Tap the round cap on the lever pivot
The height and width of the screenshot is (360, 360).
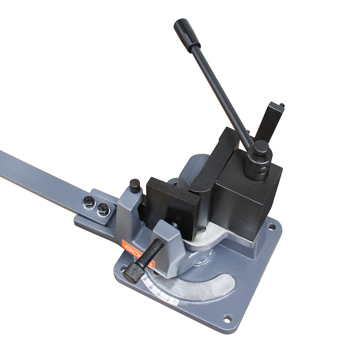click(261, 148)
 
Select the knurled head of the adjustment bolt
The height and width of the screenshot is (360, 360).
click(132, 273)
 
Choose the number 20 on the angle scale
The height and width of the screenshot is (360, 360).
click(150, 287)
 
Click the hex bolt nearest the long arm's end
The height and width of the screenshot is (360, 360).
click(89, 203)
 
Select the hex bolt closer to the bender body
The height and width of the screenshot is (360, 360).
click(103, 210)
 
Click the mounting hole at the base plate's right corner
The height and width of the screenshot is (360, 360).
click(271, 227)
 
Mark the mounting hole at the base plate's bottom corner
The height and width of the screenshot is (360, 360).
click(228, 318)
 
